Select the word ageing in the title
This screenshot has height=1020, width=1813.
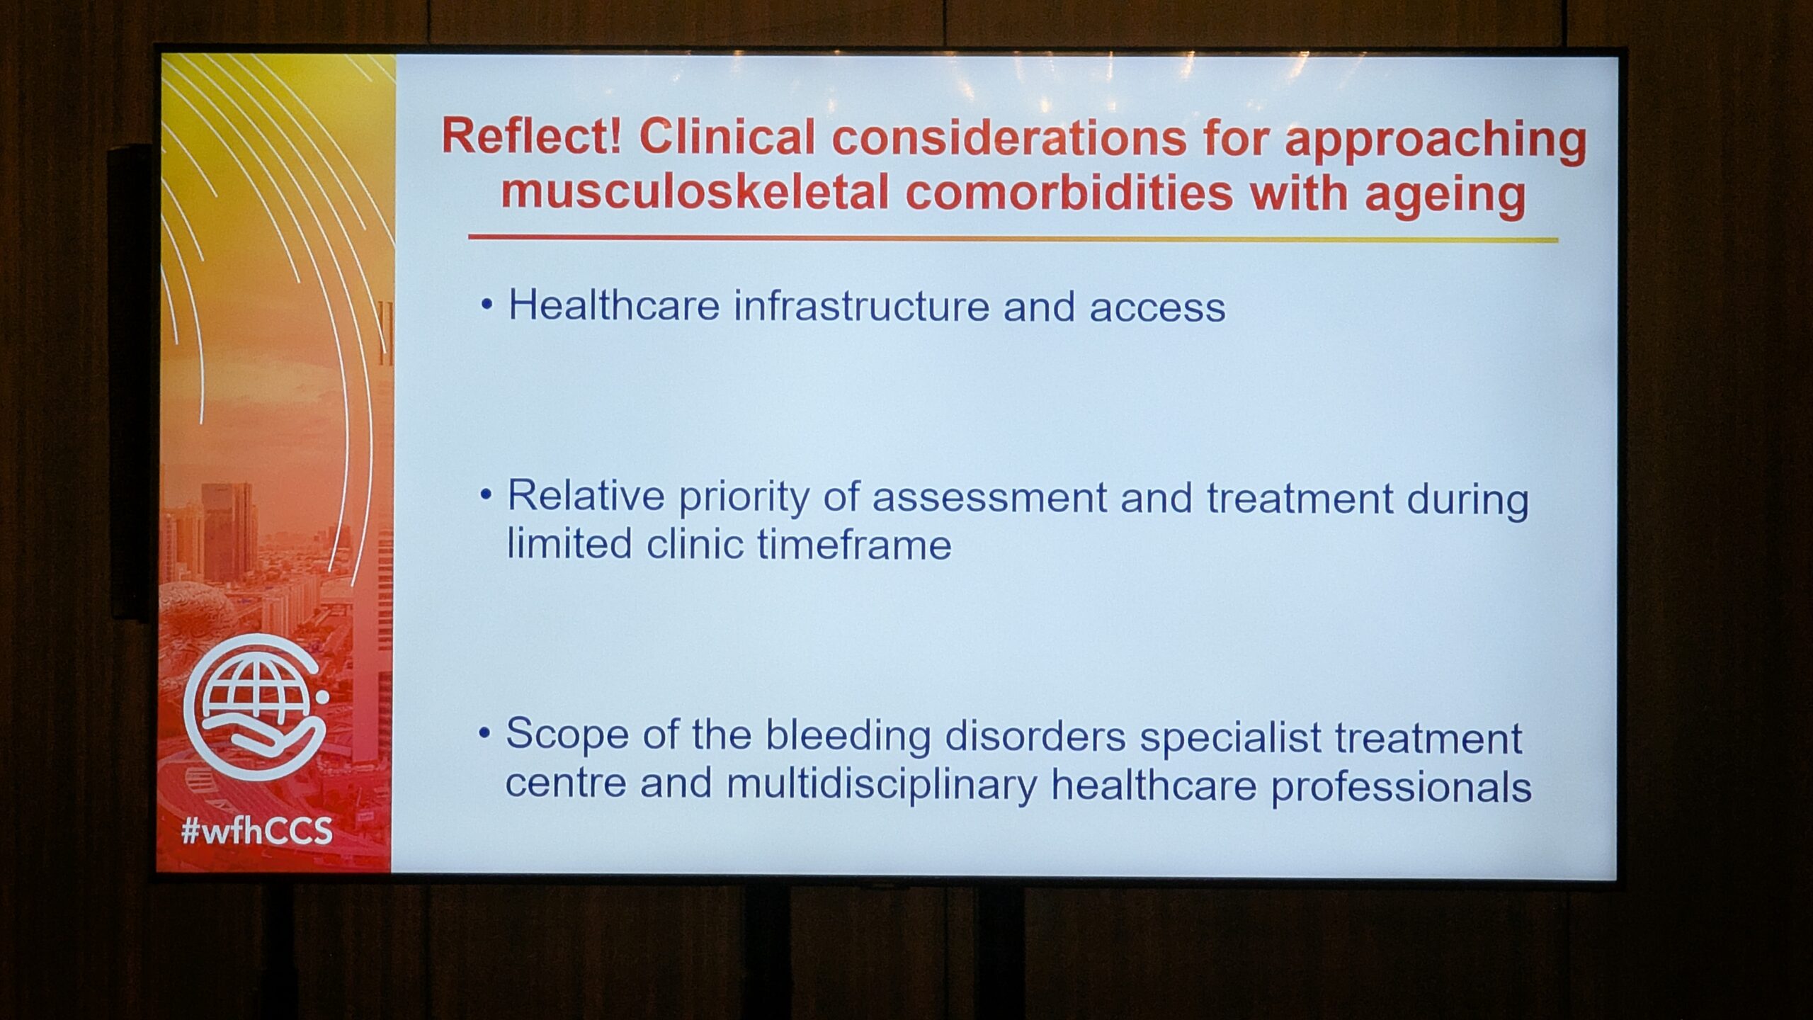coord(1445,197)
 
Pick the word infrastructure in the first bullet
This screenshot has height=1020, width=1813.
coord(861,307)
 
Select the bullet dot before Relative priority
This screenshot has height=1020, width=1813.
coord(485,494)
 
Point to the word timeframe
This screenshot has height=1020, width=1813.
coord(854,544)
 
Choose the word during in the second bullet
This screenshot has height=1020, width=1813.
coord(1467,500)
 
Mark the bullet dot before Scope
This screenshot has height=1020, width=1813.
coord(484,732)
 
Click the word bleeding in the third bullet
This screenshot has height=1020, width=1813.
coord(848,737)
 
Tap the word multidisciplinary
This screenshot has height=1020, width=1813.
coord(881,785)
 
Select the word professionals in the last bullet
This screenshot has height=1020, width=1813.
coord(1401,787)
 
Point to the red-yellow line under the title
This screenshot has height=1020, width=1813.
coord(1013,239)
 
